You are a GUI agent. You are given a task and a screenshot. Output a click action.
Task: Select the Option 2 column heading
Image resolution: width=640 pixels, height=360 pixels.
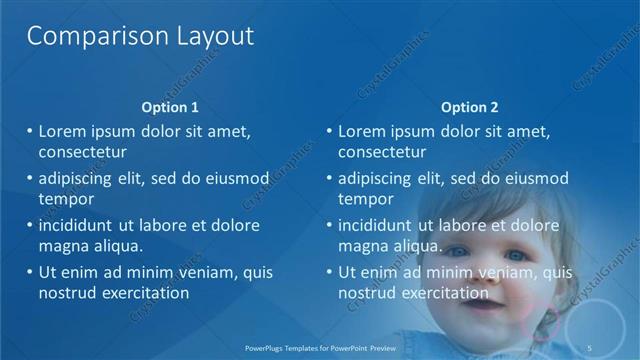(x=469, y=107)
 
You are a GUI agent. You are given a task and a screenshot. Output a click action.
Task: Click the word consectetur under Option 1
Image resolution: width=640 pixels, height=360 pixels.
(x=82, y=153)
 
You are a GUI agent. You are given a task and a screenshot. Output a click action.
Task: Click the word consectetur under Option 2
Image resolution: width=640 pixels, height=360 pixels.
(x=382, y=153)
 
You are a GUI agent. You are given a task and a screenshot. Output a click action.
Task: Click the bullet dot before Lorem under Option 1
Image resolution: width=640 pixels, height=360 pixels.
(x=30, y=132)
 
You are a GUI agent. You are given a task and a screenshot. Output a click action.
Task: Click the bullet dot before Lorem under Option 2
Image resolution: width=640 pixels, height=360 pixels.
(x=330, y=132)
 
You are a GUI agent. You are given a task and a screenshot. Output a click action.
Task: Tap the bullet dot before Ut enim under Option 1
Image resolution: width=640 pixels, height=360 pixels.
(x=30, y=273)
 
